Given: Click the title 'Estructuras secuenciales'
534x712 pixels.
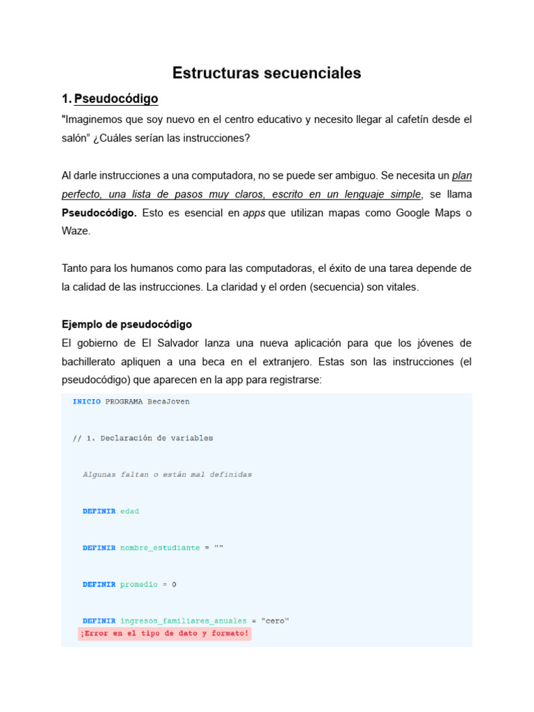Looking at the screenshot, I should click(266, 73).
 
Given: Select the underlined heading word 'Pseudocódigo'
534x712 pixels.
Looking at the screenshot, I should click(116, 99).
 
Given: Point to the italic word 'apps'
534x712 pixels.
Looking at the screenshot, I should click(254, 213).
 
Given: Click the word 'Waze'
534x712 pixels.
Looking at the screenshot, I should click(76, 231).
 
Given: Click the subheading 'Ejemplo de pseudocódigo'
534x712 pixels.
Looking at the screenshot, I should click(127, 324).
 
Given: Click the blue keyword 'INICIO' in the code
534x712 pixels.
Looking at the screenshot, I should click(86, 401).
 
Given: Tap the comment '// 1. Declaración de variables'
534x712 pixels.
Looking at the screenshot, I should click(143, 438).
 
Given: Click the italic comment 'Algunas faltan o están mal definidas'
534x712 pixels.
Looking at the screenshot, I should click(167, 474).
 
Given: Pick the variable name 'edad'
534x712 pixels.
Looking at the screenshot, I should click(129, 511).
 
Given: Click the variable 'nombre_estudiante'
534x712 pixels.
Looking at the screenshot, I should click(159, 548).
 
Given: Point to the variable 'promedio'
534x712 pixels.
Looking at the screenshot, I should click(138, 584).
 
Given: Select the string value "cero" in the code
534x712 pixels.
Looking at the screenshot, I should click(275, 621).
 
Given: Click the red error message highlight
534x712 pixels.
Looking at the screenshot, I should click(164, 633).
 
